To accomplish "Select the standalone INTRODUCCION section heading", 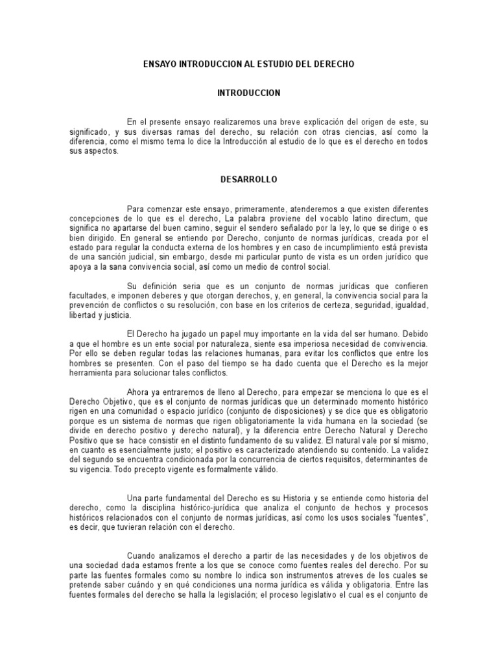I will pos(248,93).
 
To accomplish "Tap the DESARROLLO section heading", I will pos(248,176).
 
